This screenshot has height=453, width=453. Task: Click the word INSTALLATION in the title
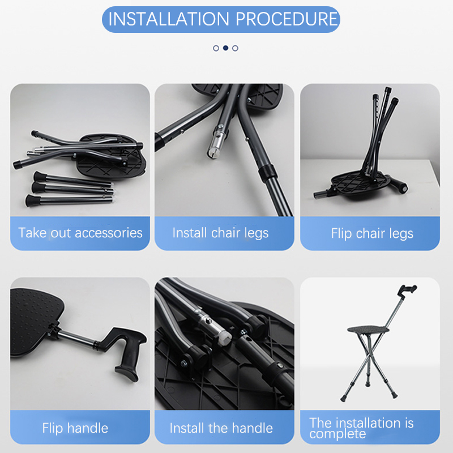(169, 19)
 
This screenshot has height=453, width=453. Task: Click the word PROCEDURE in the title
(287, 19)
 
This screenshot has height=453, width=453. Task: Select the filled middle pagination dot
(225, 48)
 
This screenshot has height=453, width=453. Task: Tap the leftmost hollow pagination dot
(216, 48)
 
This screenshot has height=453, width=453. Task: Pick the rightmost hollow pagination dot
(235, 48)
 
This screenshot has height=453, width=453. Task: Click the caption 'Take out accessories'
(80, 233)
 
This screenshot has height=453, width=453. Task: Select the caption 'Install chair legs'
(220, 233)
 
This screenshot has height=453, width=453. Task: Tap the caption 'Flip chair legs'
(372, 233)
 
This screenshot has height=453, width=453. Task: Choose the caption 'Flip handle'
(75, 428)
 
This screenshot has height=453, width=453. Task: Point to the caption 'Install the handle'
(221, 428)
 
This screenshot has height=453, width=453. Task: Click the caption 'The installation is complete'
(361, 429)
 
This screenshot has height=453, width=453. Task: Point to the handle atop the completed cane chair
(407, 290)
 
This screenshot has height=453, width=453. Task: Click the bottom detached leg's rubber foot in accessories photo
(32, 201)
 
